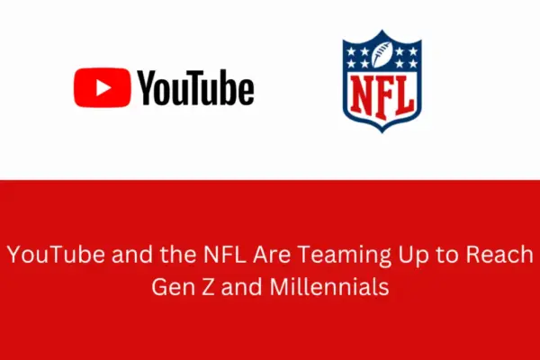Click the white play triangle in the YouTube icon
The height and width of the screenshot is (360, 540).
[103, 87]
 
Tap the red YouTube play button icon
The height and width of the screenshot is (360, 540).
[103, 87]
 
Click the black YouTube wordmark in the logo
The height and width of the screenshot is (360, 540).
[195, 87]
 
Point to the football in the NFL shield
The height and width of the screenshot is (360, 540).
[382, 54]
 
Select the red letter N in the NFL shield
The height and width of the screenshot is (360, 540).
[362, 94]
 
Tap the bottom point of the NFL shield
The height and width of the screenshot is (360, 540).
[382, 132]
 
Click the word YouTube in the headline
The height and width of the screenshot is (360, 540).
[56, 255]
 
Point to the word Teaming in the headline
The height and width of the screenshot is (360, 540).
[344, 256]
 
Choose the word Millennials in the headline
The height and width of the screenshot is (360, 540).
[329, 286]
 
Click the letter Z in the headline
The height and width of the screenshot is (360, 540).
[208, 287]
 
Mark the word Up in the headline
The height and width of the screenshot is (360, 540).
[413, 256]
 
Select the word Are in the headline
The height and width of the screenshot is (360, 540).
[272, 255]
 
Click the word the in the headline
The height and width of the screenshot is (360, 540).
[178, 255]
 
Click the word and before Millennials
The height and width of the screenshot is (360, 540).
[241, 287]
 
